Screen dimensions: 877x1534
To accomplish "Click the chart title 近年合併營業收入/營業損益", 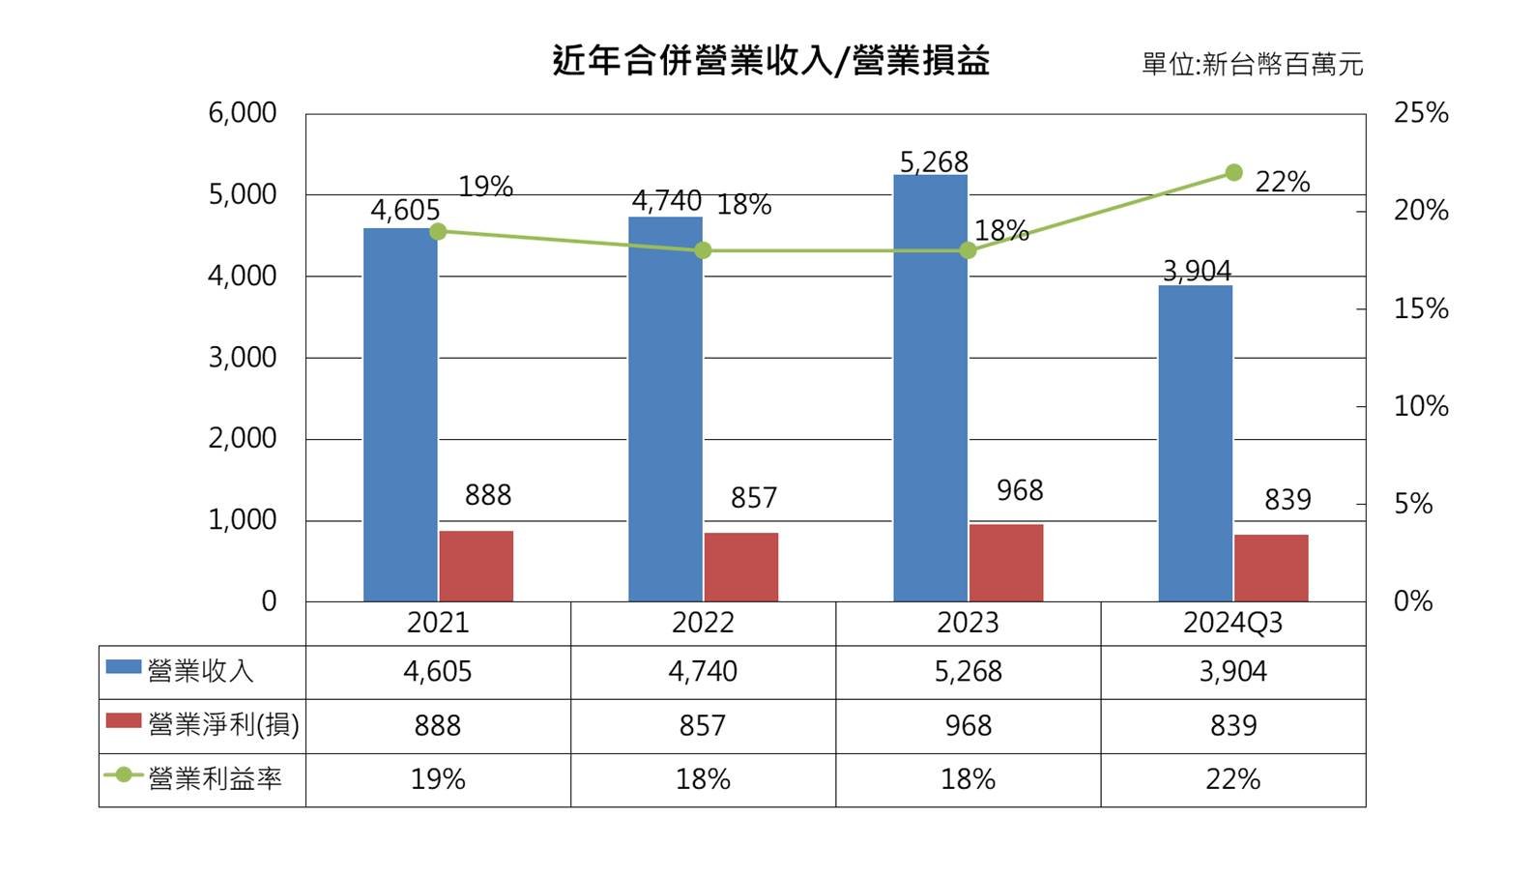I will point(770,61).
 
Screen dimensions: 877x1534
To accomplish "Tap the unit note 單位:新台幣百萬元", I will point(1252,65).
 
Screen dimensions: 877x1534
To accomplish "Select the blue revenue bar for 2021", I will point(400,416).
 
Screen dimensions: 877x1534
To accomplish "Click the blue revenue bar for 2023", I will point(930,387).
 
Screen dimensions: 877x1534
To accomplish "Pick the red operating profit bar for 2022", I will point(740,568).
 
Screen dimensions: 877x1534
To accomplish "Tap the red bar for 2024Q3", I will point(1270,569).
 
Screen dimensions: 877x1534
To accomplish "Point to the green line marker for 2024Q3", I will point(1233,173).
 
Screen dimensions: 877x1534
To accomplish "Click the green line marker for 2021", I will point(438,231).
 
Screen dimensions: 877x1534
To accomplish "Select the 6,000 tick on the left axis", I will point(243,113).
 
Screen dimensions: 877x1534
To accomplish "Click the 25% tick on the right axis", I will point(1420,113).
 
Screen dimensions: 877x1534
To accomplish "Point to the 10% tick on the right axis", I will point(1420,406).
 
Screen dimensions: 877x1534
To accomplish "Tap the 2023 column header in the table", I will point(968,623).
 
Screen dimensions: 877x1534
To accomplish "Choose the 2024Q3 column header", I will point(1232,623).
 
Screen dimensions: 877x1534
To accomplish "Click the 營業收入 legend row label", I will point(200,671).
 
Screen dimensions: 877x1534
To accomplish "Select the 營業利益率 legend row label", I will point(214,779).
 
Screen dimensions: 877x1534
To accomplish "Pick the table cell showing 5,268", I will point(968,672).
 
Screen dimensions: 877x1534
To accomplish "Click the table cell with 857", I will point(703,726).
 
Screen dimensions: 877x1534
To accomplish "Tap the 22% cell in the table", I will point(1232,779).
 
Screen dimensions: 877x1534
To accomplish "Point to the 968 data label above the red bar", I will point(1020,491).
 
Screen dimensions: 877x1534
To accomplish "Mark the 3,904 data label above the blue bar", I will point(1197,272).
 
